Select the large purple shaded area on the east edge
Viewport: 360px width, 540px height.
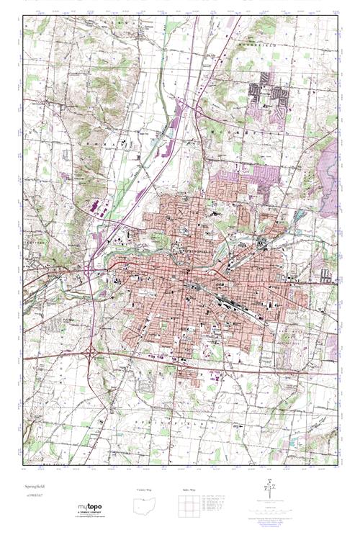click(x=330, y=176)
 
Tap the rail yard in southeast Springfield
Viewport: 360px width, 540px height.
click(x=223, y=295)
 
